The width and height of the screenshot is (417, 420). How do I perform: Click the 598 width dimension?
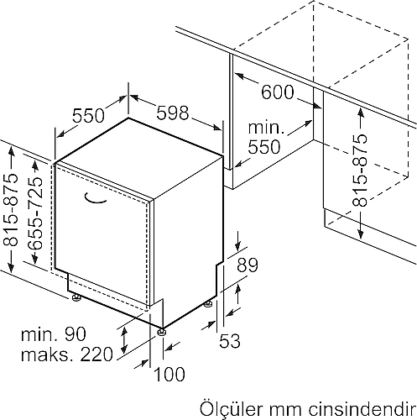pos(173,113)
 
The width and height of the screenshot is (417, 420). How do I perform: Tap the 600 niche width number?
pos(278,92)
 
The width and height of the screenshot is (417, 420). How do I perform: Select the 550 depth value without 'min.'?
pos(88,115)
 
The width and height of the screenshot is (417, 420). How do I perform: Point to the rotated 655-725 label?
pos(35,213)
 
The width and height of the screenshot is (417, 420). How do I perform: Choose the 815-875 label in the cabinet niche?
pos(360,171)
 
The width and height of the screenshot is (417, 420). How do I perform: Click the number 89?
pos(248,265)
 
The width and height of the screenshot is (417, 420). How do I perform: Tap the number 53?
pos(230,341)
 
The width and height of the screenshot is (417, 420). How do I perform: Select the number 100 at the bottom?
pos(169,374)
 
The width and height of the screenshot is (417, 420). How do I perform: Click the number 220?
pos(96,354)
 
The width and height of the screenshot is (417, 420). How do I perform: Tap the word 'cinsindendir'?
pos(362,409)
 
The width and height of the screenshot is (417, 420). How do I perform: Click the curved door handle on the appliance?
pos(95,198)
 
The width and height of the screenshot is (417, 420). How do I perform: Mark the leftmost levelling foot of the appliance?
pos(76,297)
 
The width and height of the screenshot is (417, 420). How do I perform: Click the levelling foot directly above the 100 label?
pos(163,332)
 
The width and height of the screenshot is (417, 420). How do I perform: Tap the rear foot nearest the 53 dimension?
pos(208,304)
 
